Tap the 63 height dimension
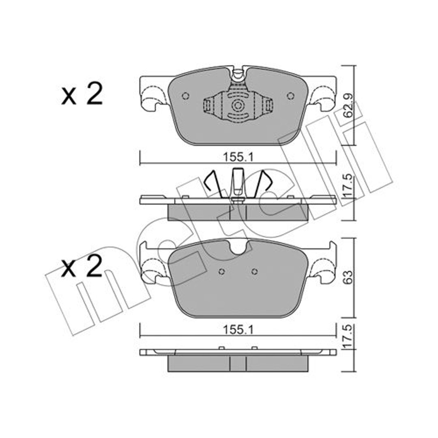(x=348, y=277)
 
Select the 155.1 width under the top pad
(x=238, y=157)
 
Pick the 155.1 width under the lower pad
(x=238, y=331)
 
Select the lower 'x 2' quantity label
(x=82, y=267)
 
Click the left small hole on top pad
(x=185, y=96)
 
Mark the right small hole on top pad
(x=291, y=96)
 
